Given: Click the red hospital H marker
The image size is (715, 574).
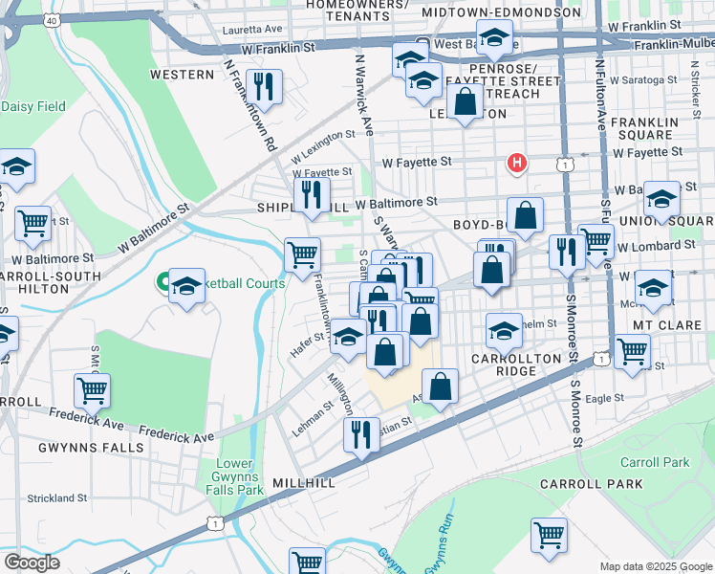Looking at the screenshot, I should pyautogui.click(x=517, y=164).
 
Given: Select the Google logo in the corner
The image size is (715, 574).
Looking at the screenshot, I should pyautogui.click(x=32, y=562).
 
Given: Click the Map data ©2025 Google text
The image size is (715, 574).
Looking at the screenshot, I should pyautogui.click(x=656, y=566).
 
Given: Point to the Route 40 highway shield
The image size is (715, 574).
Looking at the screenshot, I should pyautogui.click(x=52, y=19).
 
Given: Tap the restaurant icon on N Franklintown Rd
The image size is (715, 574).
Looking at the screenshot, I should pyautogui.click(x=265, y=86).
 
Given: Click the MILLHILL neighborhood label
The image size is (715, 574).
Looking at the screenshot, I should pyautogui.click(x=303, y=483).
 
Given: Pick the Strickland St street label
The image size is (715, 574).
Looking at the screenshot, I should pyautogui.click(x=57, y=498).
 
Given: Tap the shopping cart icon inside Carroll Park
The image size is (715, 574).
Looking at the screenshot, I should pyautogui.click(x=549, y=535).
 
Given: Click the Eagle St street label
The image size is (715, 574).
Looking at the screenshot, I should pyautogui.click(x=604, y=398).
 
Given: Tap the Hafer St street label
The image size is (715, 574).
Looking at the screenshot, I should pyautogui.click(x=307, y=345).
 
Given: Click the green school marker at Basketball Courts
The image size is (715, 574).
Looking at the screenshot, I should pyautogui.click(x=186, y=286).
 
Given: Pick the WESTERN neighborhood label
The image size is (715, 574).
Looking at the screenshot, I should pyautogui.click(x=182, y=75).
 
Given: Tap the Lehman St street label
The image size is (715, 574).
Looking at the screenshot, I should pyautogui.click(x=313, y=419).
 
